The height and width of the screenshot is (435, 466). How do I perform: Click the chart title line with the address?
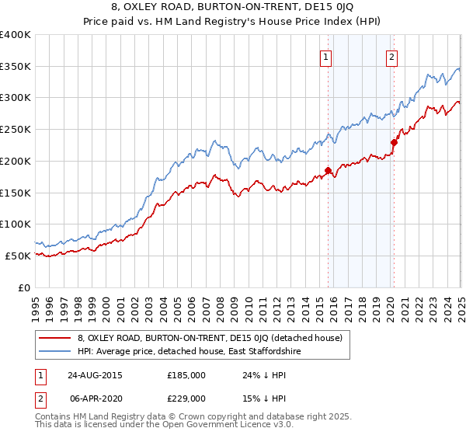(x=233, y=9)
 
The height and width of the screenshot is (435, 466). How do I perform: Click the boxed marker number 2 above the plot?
(x=391, y=56)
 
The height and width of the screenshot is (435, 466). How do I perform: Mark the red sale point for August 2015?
(x=329, y=170)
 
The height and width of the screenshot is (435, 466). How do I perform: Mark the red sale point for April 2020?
(x=394, y=142)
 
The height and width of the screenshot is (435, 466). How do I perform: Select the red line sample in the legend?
(x=54, y=338)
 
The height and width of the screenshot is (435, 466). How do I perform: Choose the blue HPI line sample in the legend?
(x=54, y=352)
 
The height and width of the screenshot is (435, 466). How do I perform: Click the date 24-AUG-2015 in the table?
(x=95, y=374)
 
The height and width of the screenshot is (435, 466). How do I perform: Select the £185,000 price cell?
(x=186, y=374)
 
